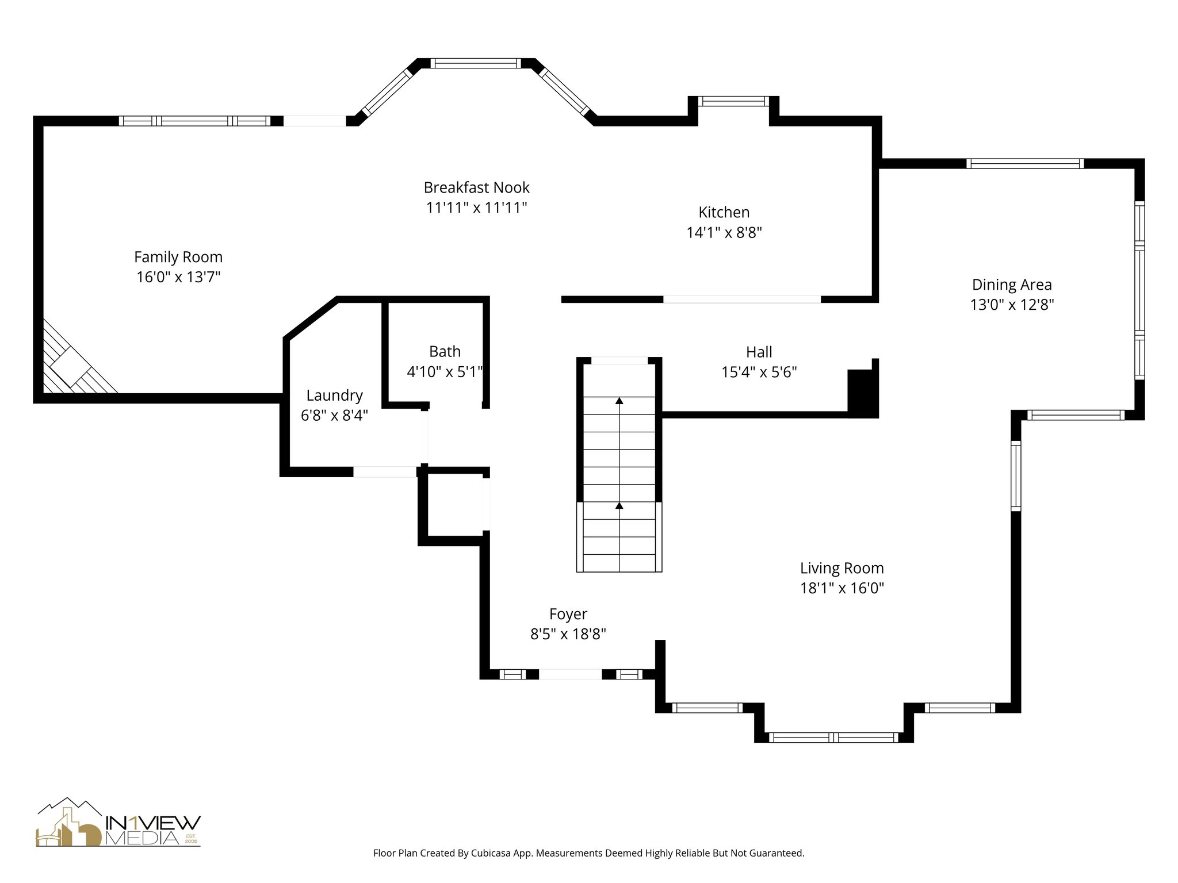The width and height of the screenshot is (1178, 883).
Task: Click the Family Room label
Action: point(178,257)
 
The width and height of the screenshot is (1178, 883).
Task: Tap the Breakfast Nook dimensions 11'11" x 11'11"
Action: point(477,208)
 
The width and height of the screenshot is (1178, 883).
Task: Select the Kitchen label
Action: point(724,212)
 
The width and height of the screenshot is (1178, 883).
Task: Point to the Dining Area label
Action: point(1012,285)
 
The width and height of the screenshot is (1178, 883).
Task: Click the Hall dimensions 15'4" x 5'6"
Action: point(759,373)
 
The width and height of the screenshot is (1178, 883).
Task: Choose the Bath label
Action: point(445,351)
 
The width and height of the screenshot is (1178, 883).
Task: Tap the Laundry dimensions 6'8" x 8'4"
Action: point(334,415)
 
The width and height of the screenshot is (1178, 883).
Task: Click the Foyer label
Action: point(568,614)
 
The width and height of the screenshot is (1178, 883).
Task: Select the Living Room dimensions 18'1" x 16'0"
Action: point(842,588)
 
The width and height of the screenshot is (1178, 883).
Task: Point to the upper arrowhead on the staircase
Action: point(619,401)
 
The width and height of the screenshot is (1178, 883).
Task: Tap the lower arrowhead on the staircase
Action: point(619,506)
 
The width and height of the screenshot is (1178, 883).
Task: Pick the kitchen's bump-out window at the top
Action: point(733,101)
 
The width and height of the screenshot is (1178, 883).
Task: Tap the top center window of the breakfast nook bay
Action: point(476,63)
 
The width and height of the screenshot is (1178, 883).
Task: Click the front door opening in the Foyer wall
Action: point(571,674)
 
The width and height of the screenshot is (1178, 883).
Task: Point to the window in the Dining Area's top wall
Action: point(1025,164)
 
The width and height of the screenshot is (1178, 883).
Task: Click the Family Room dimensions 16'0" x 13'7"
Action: point(178,277)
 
